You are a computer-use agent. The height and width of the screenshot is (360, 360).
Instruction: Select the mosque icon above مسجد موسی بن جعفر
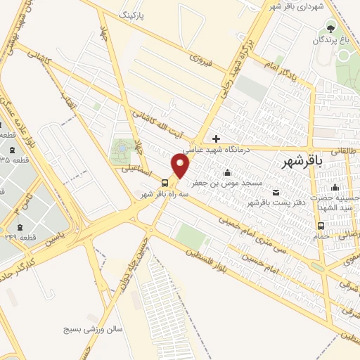pos(226,173)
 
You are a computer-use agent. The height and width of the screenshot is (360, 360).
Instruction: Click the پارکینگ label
pos(133,14)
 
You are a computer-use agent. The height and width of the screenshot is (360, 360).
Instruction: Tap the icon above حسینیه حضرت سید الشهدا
pos(335,187)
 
